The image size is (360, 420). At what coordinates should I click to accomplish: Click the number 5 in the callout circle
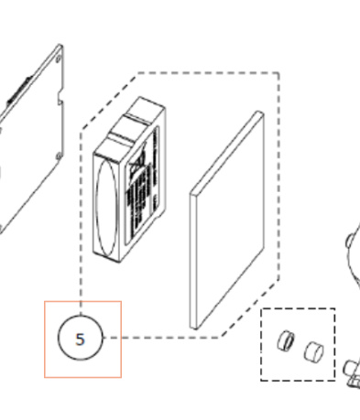(x=81, y=339)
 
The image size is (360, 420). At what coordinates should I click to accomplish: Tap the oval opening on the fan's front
(x=106, y=209)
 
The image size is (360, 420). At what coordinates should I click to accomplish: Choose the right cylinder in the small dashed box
(x=312, y=350)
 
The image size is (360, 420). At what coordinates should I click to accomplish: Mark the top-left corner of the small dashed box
(x=263, y=309)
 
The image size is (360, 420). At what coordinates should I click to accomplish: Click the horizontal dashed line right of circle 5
(x=165, y=337)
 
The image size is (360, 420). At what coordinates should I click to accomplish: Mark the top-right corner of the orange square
(x=120, y=302)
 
